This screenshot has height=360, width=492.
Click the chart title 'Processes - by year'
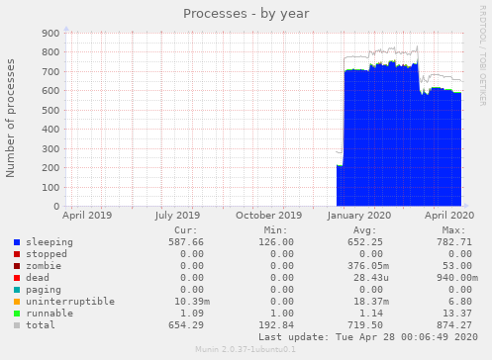pos(246,14)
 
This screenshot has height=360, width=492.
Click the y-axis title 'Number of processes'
pos(12,118)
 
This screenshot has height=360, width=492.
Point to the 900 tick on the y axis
pos(49,34)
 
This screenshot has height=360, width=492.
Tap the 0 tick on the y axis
pos(55,207)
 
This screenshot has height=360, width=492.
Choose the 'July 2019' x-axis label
pos(177,215)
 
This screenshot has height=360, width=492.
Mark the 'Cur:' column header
pos(185,229)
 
